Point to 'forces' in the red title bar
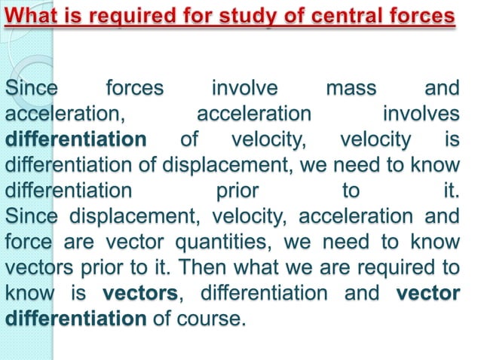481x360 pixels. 424,16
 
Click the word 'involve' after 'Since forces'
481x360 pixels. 244,90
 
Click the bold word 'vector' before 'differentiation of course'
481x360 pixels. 427,293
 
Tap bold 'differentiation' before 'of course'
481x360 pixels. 75,318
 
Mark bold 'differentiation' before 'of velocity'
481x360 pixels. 75,140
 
